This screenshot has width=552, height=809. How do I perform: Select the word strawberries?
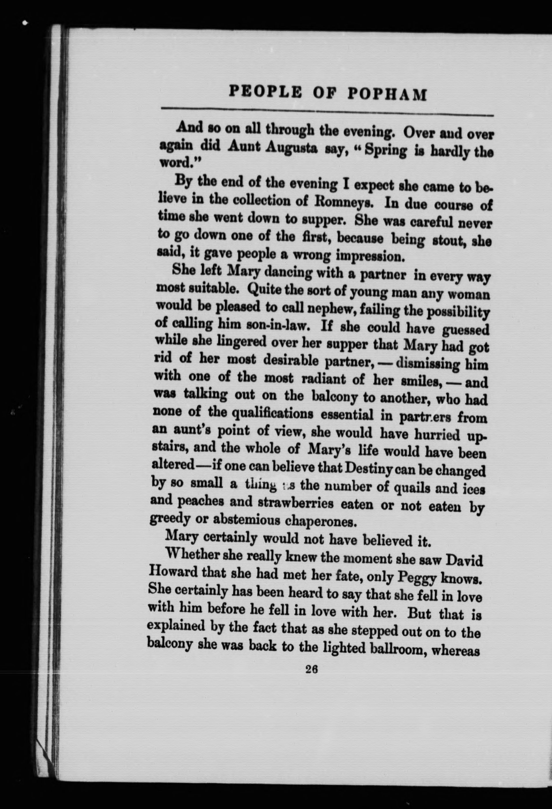click(x=296, y=504)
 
